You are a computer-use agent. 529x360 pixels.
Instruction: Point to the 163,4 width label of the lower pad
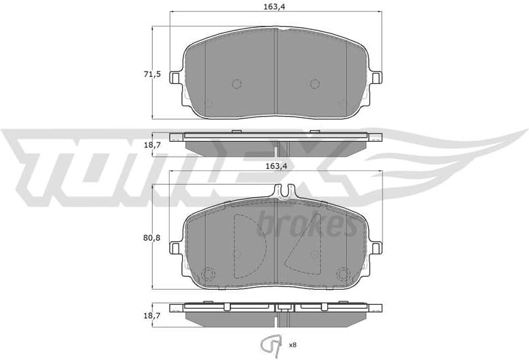click(275, 166)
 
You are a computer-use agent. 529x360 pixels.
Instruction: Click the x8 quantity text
click(292, 345)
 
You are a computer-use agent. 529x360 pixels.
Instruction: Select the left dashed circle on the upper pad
click(237, 84)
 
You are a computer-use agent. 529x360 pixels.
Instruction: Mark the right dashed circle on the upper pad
click(314, 84)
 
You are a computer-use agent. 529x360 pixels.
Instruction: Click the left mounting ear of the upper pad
click(176, 78)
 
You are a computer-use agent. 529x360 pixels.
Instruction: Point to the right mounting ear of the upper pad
click(376, 78)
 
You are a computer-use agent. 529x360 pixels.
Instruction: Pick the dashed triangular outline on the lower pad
click(300, 248)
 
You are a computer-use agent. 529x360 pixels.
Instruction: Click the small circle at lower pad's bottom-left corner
click(208, 275)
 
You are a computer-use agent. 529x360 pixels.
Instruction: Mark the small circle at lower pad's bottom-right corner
click(342, 275)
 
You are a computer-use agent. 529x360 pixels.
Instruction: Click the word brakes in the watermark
click(307, 224)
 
